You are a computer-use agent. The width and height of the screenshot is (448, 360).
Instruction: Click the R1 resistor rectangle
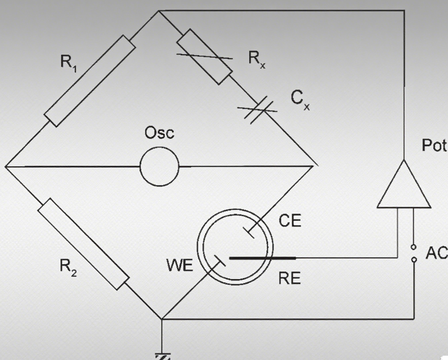click(x=89, y=81)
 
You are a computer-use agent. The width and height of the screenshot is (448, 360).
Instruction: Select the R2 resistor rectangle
click(x=83, y=245)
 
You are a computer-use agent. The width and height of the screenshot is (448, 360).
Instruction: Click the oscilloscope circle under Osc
click(x=159, y=166)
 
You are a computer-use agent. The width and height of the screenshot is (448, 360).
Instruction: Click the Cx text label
click(x=300, y=98)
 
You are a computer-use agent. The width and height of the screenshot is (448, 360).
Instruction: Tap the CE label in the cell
click(x=290, y=221)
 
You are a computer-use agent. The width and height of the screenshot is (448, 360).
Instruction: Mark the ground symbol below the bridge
click(x=163, y=355)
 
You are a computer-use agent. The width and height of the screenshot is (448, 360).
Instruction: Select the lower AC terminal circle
click(x=413, y=260)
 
